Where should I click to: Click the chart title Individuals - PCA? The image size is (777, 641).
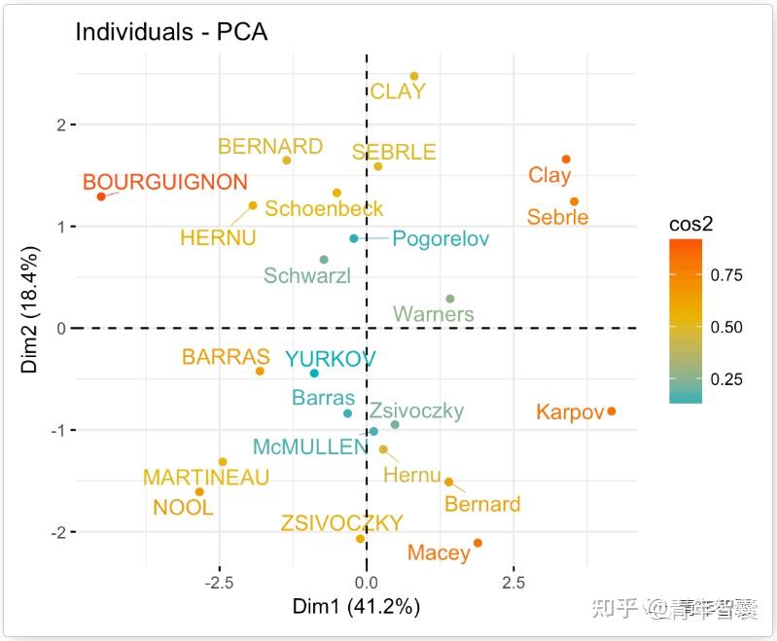[x=171, y=31]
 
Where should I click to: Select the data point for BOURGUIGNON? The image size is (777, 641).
[x=101, y=196]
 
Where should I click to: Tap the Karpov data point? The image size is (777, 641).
[x=611, y=411]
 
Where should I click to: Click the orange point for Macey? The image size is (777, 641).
[x=477, y=543]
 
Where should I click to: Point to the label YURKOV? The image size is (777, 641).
[x=330, y=359]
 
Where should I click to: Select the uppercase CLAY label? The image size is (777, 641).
[x=398, y=92]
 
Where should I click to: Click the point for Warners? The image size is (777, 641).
[x=449, y=299]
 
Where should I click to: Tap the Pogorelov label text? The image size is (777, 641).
[x=441, y=239]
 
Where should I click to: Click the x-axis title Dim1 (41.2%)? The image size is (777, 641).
[x=356, y=607]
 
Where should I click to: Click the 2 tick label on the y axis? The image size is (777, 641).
[x=60, y=125]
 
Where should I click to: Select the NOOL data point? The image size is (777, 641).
[x=199, y=492]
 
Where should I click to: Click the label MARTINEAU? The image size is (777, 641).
[x=206, y=478]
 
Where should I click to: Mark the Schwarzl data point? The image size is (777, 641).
[x=324, y=260]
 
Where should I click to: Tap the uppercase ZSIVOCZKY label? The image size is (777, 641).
[x=341, y=523]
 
